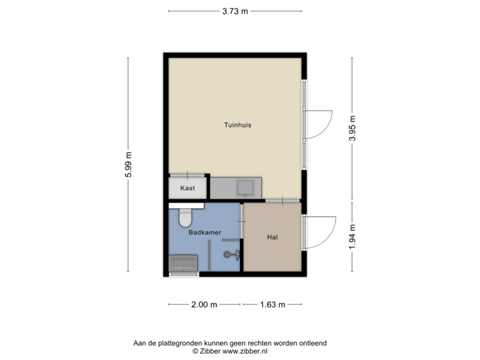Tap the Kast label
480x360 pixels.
[x=189, y=188]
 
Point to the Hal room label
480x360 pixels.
[x=272, y=237]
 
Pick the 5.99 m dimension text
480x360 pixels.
[x=129, y=164]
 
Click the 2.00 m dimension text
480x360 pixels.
[x=205, y=305]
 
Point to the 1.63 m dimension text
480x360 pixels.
[x=272, y=305]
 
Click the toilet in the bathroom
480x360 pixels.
[x=185, y=216]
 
